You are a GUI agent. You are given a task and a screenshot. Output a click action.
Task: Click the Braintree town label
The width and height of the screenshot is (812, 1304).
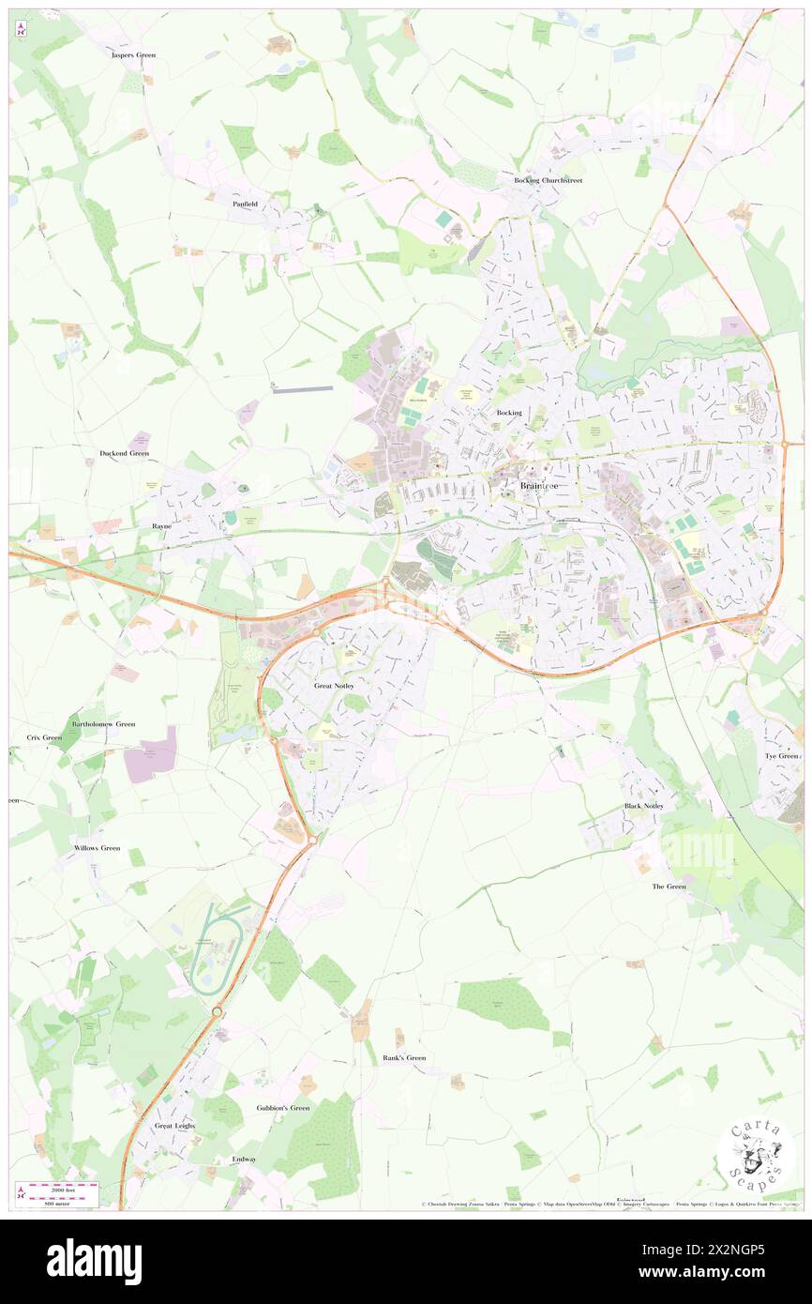[x=542, y=485]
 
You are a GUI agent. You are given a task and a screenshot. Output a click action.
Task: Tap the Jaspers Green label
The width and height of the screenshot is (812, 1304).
[x=133, y=55]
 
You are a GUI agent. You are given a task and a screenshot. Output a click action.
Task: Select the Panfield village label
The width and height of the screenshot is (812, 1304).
[x=245, y=203]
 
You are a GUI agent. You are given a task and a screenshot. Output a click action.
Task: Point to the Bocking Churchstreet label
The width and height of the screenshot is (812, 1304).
[x=548, y=180]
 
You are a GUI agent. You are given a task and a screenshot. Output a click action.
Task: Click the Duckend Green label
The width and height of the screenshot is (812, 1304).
[x=125, y=453]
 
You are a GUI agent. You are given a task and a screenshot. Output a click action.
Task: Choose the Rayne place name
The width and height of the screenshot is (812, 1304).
[x=160, y=526]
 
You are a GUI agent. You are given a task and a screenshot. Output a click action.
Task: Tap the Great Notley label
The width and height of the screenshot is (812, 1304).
[x=334, y=686]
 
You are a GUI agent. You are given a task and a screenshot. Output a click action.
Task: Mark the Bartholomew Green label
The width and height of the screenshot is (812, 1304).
[x=103, y=724]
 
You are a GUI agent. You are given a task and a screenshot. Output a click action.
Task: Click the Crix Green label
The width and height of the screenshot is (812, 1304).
[x=44, y=737]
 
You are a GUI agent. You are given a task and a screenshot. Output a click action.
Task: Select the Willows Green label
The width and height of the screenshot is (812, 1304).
[x=98, y=848]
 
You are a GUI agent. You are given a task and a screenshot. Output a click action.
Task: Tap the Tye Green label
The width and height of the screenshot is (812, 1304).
[x=781, y=755]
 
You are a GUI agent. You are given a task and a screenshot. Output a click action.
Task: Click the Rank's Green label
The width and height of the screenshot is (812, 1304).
[x=404, y=1057]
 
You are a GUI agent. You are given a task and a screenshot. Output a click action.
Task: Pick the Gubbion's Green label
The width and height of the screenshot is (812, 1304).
[x=282, y=1108]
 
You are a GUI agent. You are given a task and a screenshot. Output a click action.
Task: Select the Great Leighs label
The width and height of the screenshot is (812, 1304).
[x=174, y=1125]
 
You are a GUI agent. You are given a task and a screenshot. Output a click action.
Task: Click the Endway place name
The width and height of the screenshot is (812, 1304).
[x=244, y=1159]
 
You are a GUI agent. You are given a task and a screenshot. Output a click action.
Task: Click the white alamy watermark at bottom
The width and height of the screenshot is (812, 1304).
[x=94, y=1261]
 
